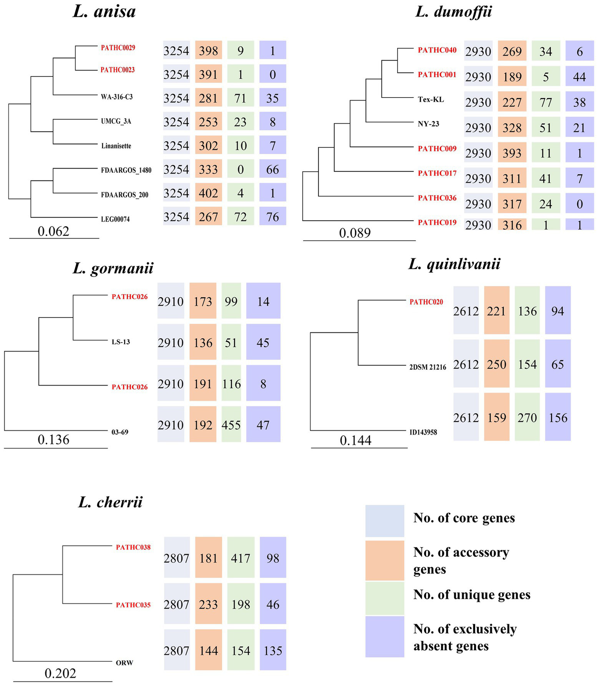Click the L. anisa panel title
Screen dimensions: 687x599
(x=104, y=11)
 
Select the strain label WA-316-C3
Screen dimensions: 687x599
(x=117, y=96)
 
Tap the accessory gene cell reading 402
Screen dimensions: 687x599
(x=208, y=193)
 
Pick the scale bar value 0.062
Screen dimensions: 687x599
(x=53, y=231)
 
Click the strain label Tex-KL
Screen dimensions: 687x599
(x=431, y=99)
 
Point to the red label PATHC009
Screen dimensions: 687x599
(x=437, y=149)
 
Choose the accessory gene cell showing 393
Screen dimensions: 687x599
(x=512, y=153)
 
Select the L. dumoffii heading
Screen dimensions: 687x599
(x=453, y=11)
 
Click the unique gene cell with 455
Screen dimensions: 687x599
(x=231, y=424)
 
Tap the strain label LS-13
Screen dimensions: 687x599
(x=121, y=342)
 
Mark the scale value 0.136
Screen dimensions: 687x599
(x=53, y=440)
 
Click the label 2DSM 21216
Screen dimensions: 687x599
(x=428, y=367)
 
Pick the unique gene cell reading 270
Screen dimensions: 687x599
(x=527, y=417)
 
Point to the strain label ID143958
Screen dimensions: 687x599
(x=423, y=432)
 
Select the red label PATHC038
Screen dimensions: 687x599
(x=133, y=547)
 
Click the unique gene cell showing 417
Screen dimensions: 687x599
(x=240, y=558)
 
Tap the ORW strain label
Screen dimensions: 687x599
(x=124, y=663)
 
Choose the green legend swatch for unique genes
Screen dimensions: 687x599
(x=384, y=598)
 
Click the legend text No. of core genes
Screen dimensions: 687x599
(x=464, y=518)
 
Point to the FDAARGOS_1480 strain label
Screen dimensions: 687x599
(x=126, y=170)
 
